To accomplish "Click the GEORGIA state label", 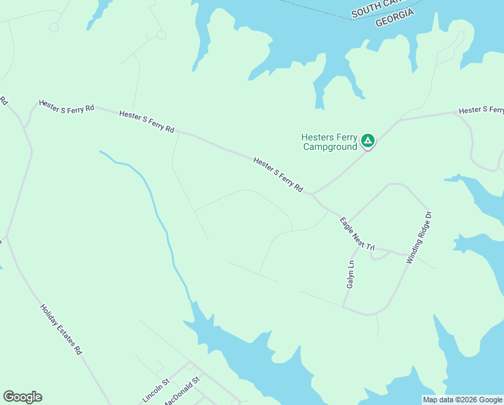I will pos(394,19).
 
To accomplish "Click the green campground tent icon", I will pos(367,140).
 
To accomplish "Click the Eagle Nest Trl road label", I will pos(357,234).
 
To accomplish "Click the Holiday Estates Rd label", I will pos(61,329).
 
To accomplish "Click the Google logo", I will pos(22,397).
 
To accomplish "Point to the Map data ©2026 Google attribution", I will pos(463,400).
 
